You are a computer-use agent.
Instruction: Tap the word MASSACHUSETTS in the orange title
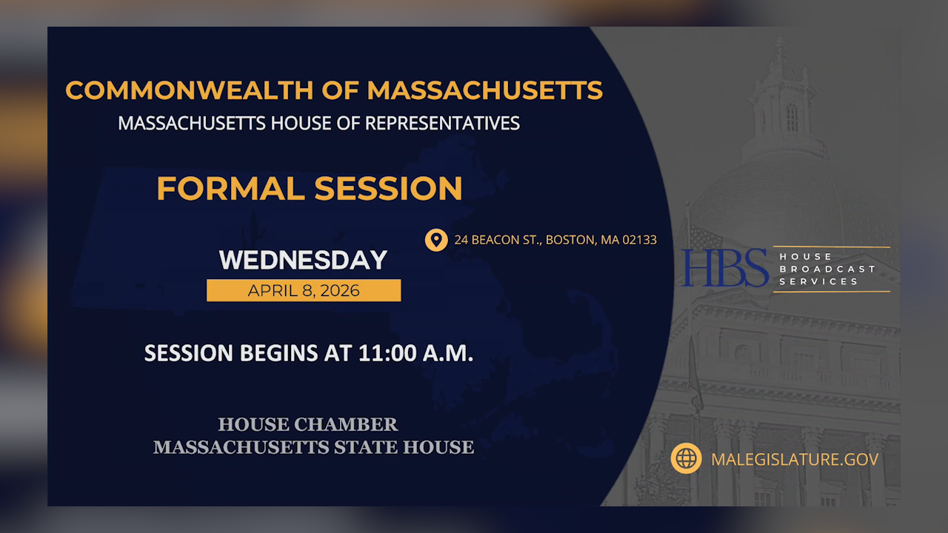(x=484, y=90)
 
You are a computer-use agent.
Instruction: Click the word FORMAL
(x=231, y=188)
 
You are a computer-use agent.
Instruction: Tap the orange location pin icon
(x=436, y=240)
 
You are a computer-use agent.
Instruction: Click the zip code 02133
(x=639, y=240)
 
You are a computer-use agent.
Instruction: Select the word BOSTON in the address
(x=570, y=240)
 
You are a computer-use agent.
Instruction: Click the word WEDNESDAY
(x=304, y=261)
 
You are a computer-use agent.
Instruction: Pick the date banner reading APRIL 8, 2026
(x=304, y=290)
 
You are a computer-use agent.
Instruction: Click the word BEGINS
(x=279, y=353)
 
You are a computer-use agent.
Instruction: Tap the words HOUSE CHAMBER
(x=307, y=425)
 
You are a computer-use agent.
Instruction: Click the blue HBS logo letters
(x=725, y=268)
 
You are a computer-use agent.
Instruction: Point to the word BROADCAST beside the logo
(x=827, y=269)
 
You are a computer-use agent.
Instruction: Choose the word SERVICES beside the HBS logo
(x=818, y=281)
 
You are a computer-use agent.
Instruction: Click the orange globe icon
(x=686, y=459)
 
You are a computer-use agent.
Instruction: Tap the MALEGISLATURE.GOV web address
(x=795, y=459)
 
